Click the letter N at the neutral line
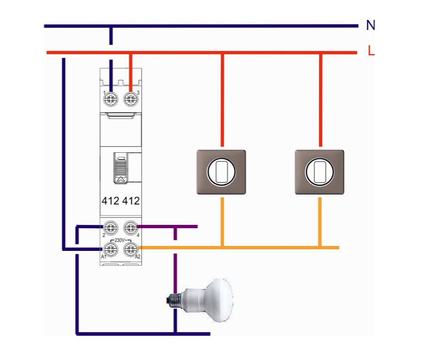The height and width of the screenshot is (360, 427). point(370,25)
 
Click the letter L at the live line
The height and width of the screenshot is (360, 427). point(371,52)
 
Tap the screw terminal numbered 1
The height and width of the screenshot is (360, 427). point(111,99)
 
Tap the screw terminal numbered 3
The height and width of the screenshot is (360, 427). point(130,99)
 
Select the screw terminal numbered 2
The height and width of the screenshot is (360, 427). point(111,227)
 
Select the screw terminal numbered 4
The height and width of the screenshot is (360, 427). point(130,227)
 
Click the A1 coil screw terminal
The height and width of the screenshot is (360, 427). point(111,249)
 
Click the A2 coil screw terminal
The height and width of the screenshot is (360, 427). point(130,249)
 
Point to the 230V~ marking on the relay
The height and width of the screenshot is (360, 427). point(120,240)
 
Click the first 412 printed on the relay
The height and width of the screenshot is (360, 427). point(110,201)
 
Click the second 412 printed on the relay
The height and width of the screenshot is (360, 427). point(131,201)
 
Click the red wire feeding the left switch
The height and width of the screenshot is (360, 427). point(222,99)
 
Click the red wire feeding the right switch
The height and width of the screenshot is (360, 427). point(321,99)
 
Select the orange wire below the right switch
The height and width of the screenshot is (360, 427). point(320,221)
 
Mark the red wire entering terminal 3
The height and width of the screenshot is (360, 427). point(130,69)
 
